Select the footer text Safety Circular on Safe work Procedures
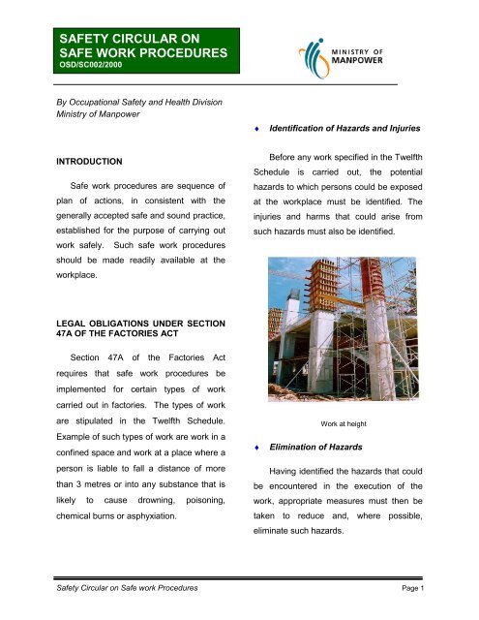116,589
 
